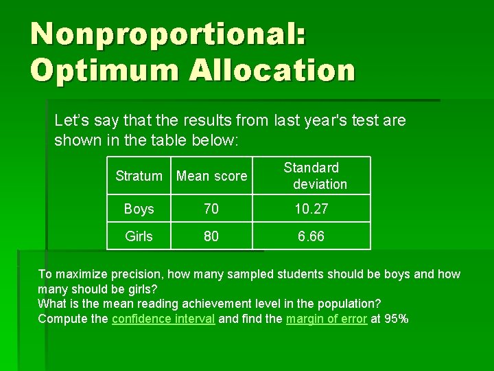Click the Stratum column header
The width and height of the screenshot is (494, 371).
pos(139,176)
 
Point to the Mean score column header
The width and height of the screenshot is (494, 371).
pos(211,176)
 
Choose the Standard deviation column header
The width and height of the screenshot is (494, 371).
pos(311,176)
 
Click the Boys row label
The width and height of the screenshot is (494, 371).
pos(139,209)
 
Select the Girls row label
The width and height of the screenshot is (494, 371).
pos(139,236)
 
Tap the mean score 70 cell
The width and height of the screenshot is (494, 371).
pos(211,209)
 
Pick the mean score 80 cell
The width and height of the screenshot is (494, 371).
pos(211,236)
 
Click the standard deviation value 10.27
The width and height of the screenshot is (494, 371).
pos(311,209)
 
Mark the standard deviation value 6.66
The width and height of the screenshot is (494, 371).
pos(311,236)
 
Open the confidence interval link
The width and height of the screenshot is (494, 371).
pos(163,319)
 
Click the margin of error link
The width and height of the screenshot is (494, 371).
pos(326,319)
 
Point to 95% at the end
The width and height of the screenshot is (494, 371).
pos(396,319)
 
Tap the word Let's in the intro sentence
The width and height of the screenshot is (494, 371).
pos(71,121)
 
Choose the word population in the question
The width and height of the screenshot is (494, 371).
pos(348,304)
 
